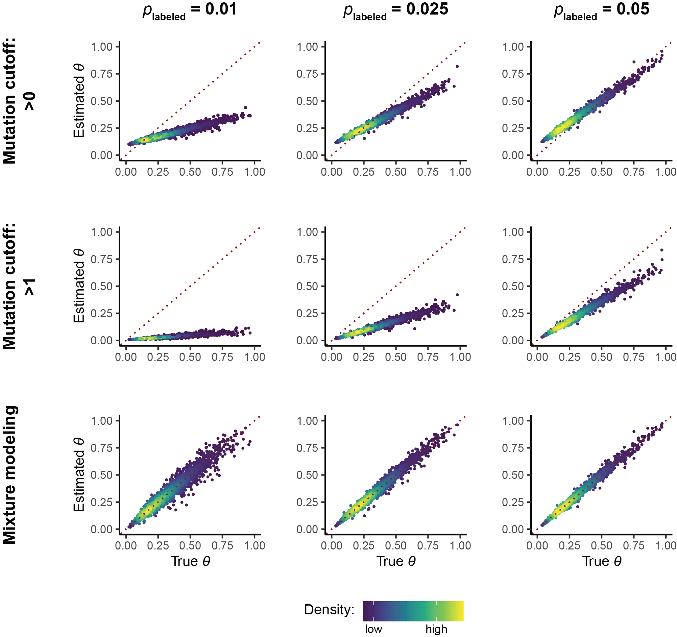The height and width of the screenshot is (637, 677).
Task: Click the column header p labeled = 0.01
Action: (x=189, y=10)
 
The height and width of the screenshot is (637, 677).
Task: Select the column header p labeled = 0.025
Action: (x=395, y=10)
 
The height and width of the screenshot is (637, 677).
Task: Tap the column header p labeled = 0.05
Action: (x=601, y=10)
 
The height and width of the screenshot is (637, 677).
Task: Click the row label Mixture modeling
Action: (x=9, y=474)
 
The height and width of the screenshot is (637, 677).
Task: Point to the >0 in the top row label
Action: (x=30, y=101)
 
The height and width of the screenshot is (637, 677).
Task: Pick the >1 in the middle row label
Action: (x=30, y=286)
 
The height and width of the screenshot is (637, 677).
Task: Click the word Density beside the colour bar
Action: (x=329, y=609)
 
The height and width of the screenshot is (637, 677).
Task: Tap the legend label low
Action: (x=373, y=629)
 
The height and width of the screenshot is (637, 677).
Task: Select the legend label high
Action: (x=436, y=629)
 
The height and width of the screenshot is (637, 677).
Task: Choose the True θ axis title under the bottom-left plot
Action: (x=190, y=561)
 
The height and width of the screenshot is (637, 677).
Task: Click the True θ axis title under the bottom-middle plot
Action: (x=396, y=561)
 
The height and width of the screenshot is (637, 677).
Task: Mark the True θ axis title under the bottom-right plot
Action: (x=602, y=561)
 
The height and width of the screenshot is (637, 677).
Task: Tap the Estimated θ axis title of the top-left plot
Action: (x=79, y=101)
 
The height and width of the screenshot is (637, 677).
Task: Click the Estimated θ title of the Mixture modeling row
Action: (x=79, y=474)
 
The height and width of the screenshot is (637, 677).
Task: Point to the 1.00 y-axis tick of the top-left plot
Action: (x=101, y=47)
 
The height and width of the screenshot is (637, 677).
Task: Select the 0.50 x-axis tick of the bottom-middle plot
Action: (x=396, y=545)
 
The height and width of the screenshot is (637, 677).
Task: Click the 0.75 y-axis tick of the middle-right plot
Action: (x=512, y=259)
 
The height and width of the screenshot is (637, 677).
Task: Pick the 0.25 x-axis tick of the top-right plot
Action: (x=570, y=172)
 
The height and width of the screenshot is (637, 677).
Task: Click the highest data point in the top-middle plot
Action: (x=457, y=66)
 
